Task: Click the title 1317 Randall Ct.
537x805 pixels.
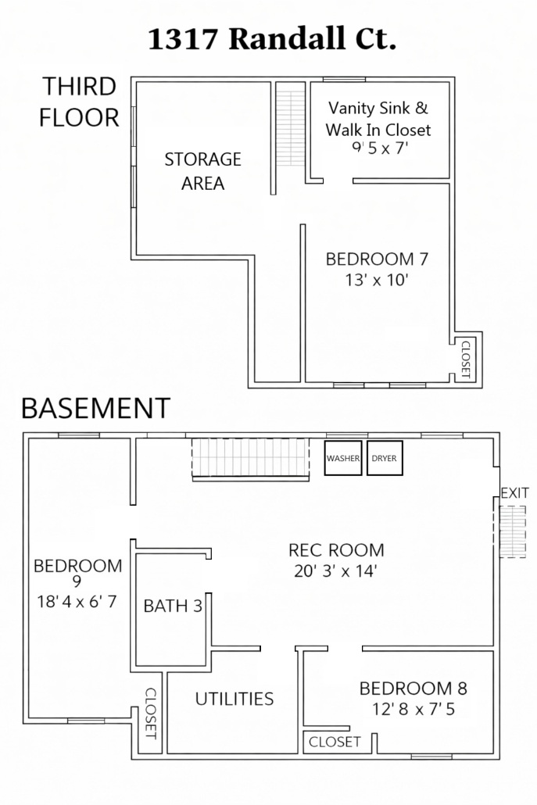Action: click(272, 40)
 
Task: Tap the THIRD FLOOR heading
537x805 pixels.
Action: click(79, 102)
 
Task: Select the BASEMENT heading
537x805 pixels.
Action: click(95, 409)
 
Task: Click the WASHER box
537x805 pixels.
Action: click(343, 458)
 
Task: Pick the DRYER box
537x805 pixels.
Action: click(385, 458)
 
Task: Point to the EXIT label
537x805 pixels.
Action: click(514, 493)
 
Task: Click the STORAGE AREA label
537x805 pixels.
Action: click(202, 171)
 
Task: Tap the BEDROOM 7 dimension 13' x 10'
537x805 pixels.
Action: click(377, 281)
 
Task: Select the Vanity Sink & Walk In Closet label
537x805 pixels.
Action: click(378, 119)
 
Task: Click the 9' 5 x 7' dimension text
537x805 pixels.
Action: click(380, 148)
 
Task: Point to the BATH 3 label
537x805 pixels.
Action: click(173, 606)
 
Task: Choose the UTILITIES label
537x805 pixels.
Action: click(234, 699)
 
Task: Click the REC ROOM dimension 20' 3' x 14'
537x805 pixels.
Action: click(336, 571)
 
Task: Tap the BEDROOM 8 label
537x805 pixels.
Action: click(413, 689)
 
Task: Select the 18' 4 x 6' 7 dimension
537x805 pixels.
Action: click(77, 601)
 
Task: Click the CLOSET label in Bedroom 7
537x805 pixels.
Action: click(466, 360)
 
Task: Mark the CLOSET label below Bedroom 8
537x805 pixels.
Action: click(335, 742)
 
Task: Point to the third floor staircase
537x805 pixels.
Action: click(291, 129)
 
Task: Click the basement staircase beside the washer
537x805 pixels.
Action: click(251, 459)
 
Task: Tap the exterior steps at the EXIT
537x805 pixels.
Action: click(513, 532)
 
